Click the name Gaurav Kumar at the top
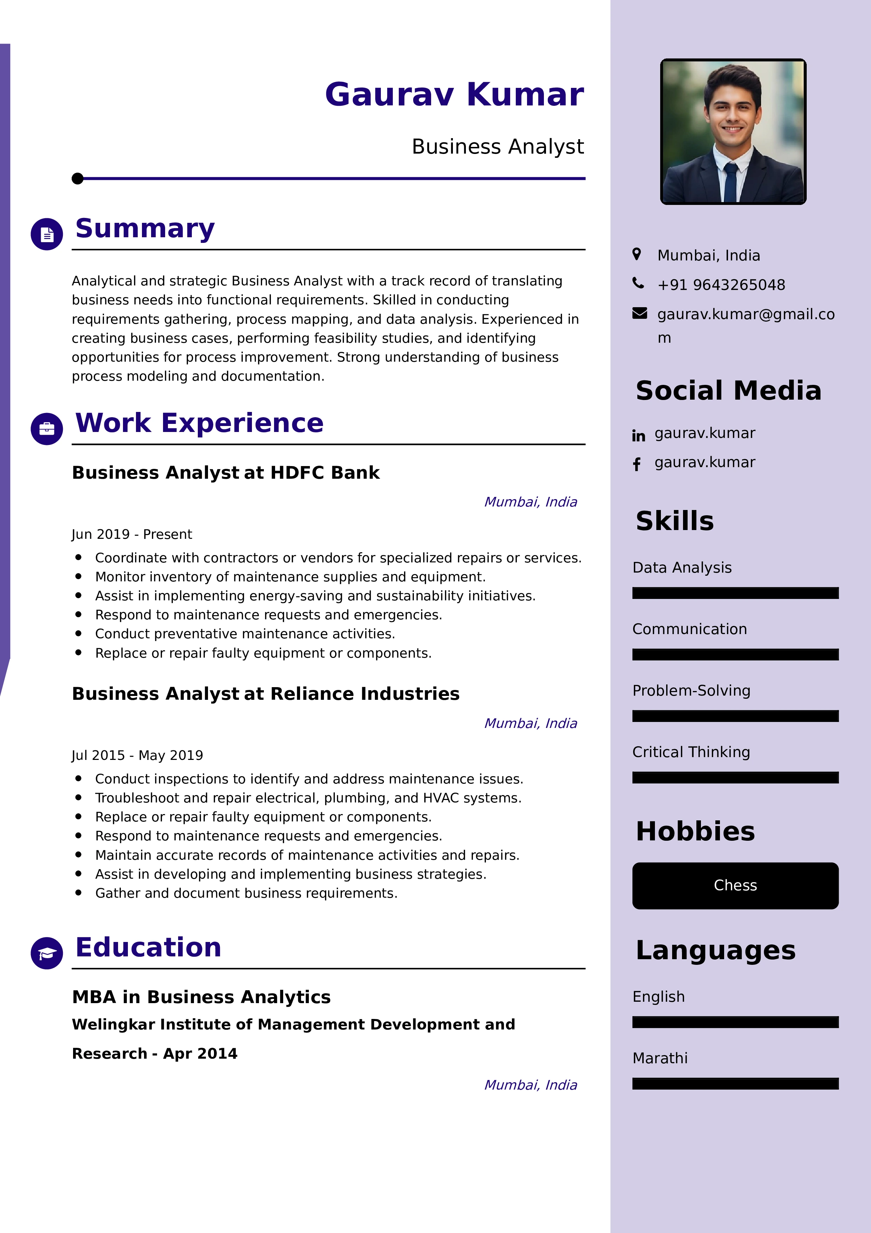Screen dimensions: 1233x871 [x=454, y=95]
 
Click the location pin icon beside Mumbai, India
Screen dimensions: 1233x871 [x=637, y=254]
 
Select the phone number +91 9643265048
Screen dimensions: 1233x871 [x=721, y=285]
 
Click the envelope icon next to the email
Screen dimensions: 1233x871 [x=639, y=314]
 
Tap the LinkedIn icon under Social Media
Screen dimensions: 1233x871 [x=638, y=435]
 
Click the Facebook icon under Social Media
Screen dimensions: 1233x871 [x=637, y=465]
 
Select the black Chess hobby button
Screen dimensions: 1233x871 [x=735, y=885]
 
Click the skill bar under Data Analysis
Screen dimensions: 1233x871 [x=735, y=593]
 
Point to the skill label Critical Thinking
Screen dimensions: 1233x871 [x=691, y=752]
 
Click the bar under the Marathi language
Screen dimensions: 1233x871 [x=735, y=1084]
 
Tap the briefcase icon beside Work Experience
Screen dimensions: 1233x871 [x=47, y=428]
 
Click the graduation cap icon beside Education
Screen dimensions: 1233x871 [x=47, y=953]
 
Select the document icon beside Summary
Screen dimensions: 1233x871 [x=47, y=234]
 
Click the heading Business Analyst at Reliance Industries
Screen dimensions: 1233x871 [x=266, y=694]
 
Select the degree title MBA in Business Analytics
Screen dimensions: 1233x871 [x=201, y=997]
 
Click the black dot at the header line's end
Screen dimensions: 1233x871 [x=78, y=178]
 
